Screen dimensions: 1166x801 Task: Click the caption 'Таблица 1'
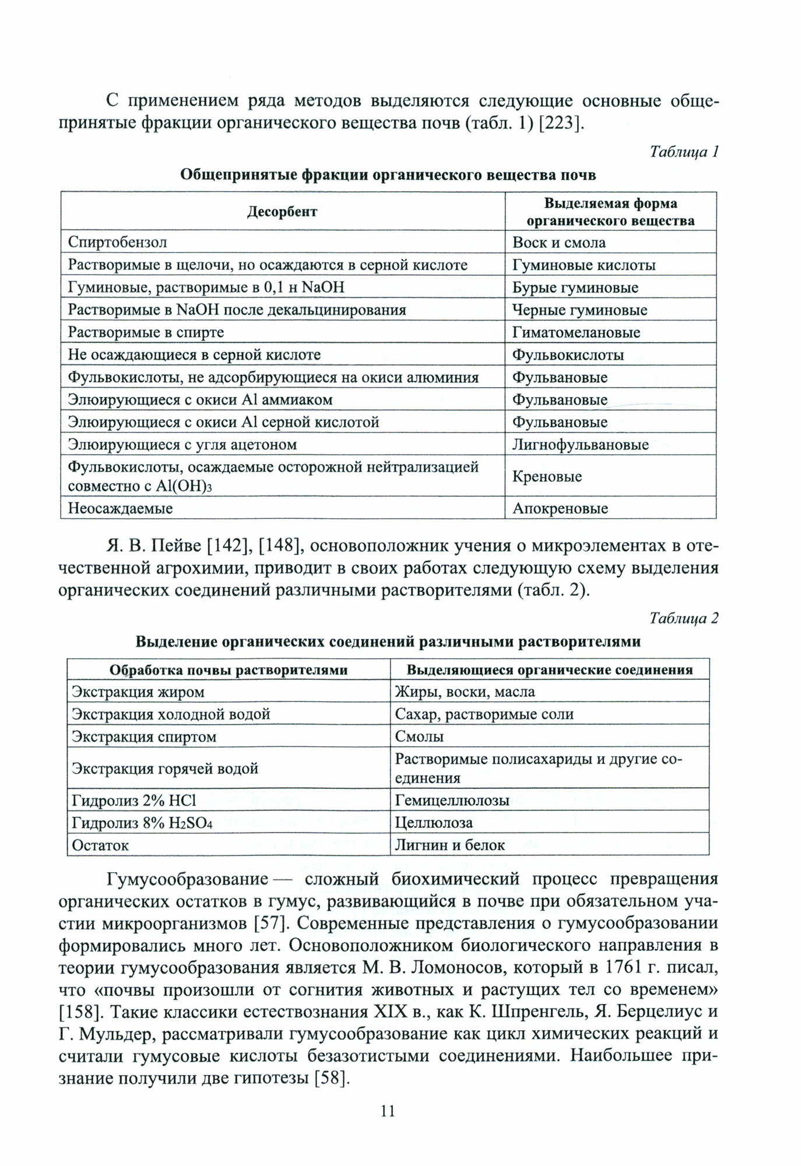684,152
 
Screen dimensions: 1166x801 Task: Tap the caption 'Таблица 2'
684,618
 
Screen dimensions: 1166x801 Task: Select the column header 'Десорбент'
282,212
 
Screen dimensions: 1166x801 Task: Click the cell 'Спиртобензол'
118,242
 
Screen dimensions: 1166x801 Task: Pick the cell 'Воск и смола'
558,242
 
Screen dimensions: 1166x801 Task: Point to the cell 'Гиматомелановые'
576,332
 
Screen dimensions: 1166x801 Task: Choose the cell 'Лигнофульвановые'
580,445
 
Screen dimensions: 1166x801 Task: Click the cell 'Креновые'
547,476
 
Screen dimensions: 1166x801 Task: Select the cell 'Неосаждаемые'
120,508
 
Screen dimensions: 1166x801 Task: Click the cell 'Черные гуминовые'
579,310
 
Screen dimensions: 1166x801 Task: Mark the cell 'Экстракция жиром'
138,692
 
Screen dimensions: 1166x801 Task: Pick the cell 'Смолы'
419,736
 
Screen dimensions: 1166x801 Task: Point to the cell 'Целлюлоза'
434,823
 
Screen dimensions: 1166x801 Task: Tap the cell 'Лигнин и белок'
449,845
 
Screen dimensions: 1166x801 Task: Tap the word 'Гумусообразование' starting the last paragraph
187,879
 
